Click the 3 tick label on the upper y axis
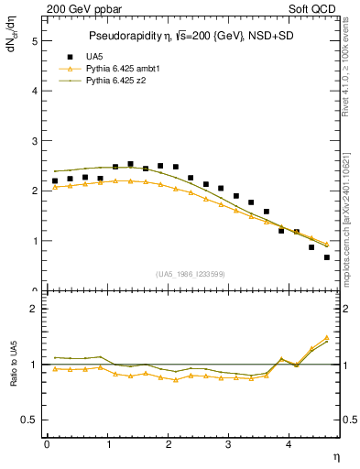click(x=34, y=141)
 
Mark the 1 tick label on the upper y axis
click(x=34, y=241)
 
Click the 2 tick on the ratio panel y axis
click(x=34, y=309)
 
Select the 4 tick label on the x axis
click(x=289, y=444)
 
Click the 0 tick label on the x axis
click(x=47, y=444)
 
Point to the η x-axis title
click(x=337, y=455)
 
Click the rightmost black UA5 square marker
click(x=326, y=257)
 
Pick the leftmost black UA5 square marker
click(x=55, y=181)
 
